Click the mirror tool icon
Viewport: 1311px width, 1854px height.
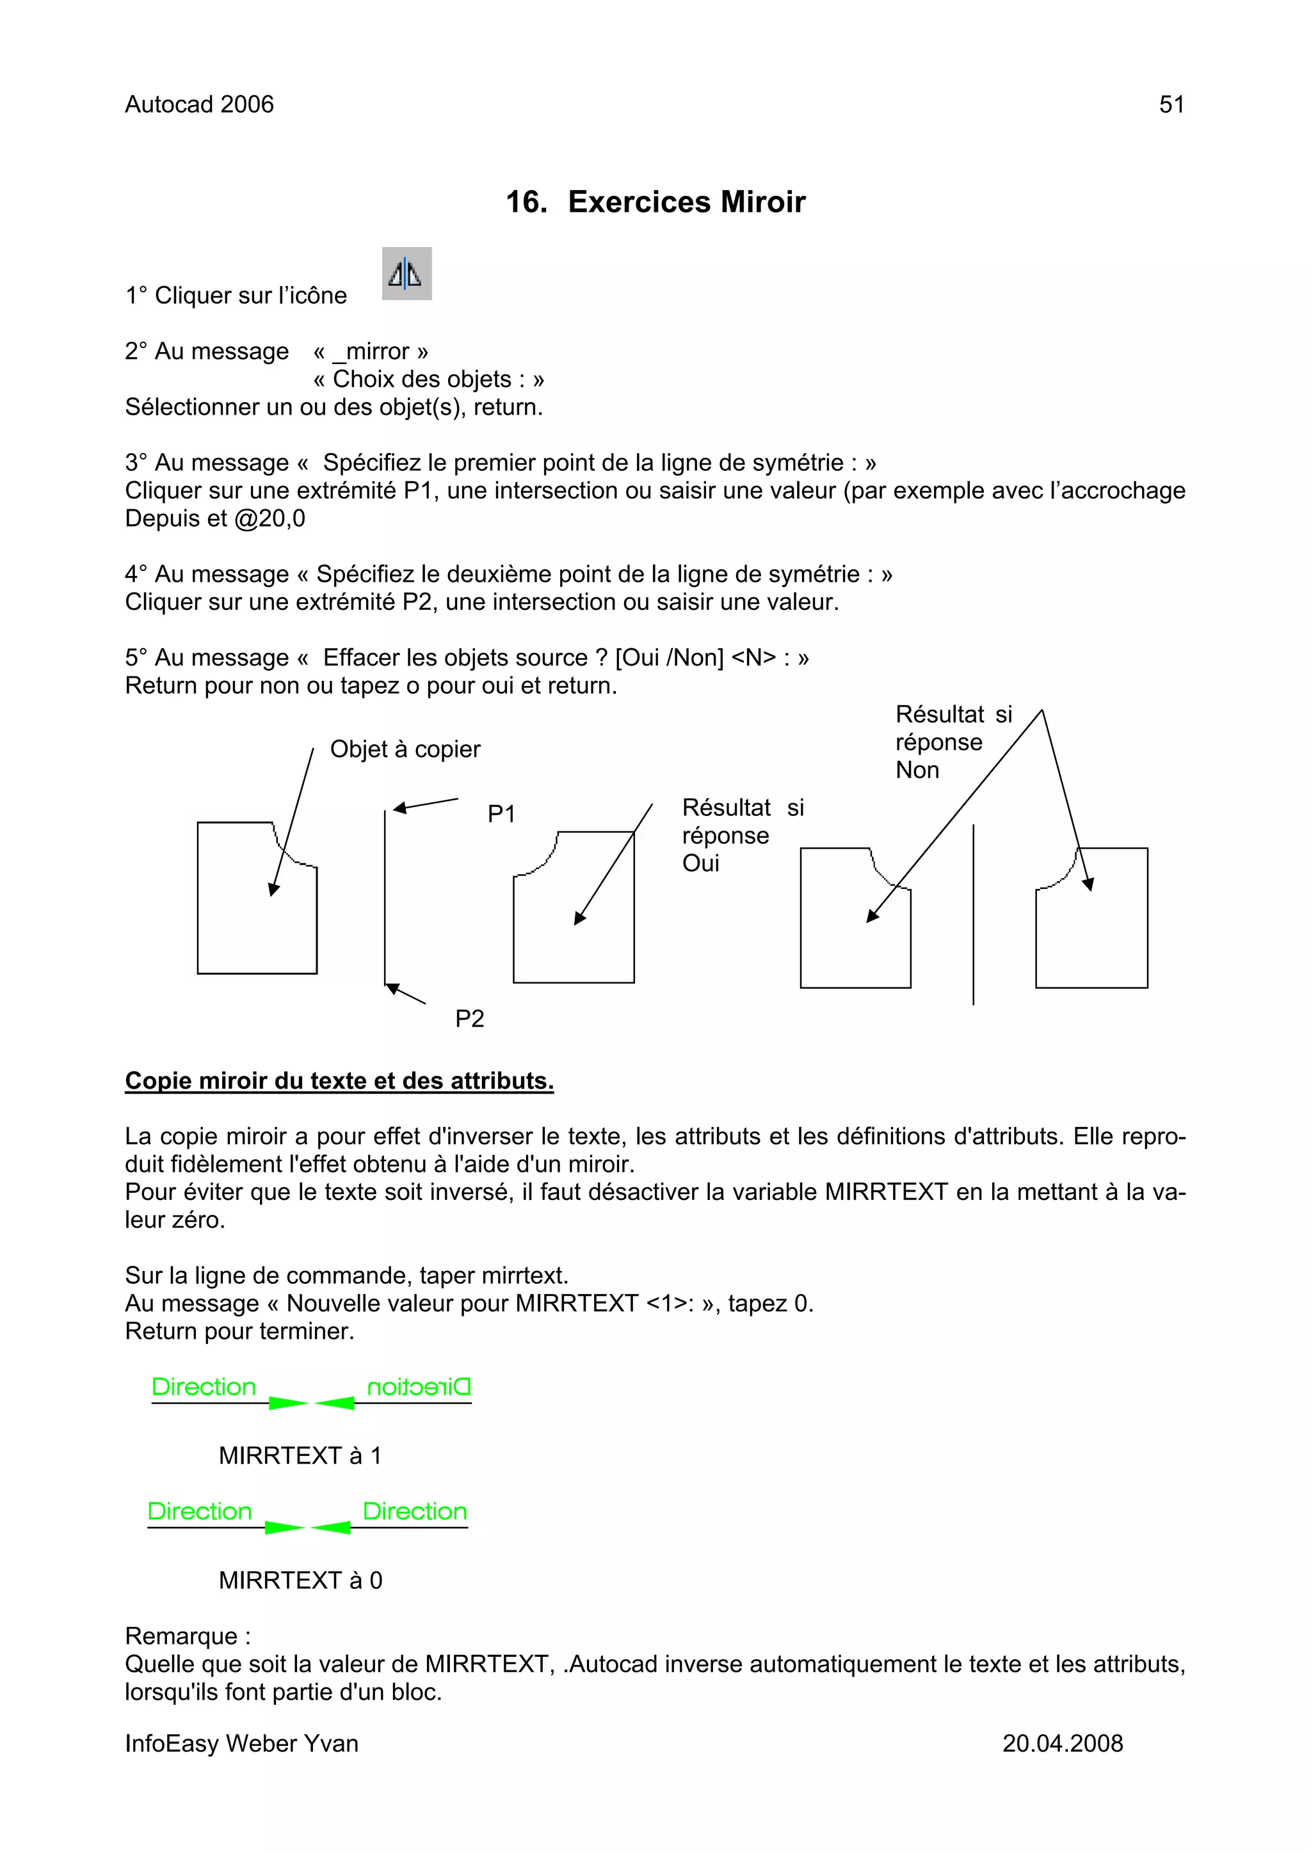coord(406,274)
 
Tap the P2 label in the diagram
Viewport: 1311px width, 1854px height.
coord(469,1018)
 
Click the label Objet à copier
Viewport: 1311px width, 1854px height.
coord(405,749)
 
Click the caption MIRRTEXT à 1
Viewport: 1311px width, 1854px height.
coord(300,1455)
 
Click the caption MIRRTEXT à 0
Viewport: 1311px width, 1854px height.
coord(300,1579)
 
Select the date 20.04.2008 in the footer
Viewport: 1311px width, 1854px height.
coord(1062,1743)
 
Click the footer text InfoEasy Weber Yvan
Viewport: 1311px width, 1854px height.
coord(241,1743)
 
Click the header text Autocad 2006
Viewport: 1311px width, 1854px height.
coord(198,104)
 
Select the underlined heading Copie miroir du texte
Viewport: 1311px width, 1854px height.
coord(339,1080)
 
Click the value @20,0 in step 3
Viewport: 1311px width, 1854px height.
coord(269,518)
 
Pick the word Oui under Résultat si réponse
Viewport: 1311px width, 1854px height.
coord(700,863)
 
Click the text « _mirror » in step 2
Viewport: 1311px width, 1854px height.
coord(371,351)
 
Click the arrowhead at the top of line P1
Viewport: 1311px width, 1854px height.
coord(399,808)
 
